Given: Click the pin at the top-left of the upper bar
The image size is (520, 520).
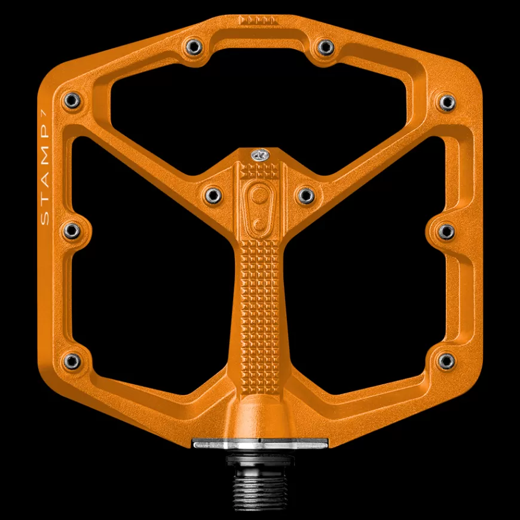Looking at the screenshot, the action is point(194,47).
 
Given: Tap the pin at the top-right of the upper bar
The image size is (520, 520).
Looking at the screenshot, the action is point(326,47).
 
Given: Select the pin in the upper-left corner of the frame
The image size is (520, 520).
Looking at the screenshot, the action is point(72,100).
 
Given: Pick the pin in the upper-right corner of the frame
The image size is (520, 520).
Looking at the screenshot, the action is point(447,102).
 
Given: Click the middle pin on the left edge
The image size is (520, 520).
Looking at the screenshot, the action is point(72,231).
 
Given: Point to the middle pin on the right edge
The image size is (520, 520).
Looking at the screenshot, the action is point(446,231).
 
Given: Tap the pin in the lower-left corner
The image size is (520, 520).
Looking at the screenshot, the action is point(72,361).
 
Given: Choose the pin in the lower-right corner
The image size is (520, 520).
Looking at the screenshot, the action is point(446,361).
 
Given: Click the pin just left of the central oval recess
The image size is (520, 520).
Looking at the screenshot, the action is point(213,195).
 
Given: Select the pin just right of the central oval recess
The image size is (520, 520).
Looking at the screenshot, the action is point(306,195).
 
